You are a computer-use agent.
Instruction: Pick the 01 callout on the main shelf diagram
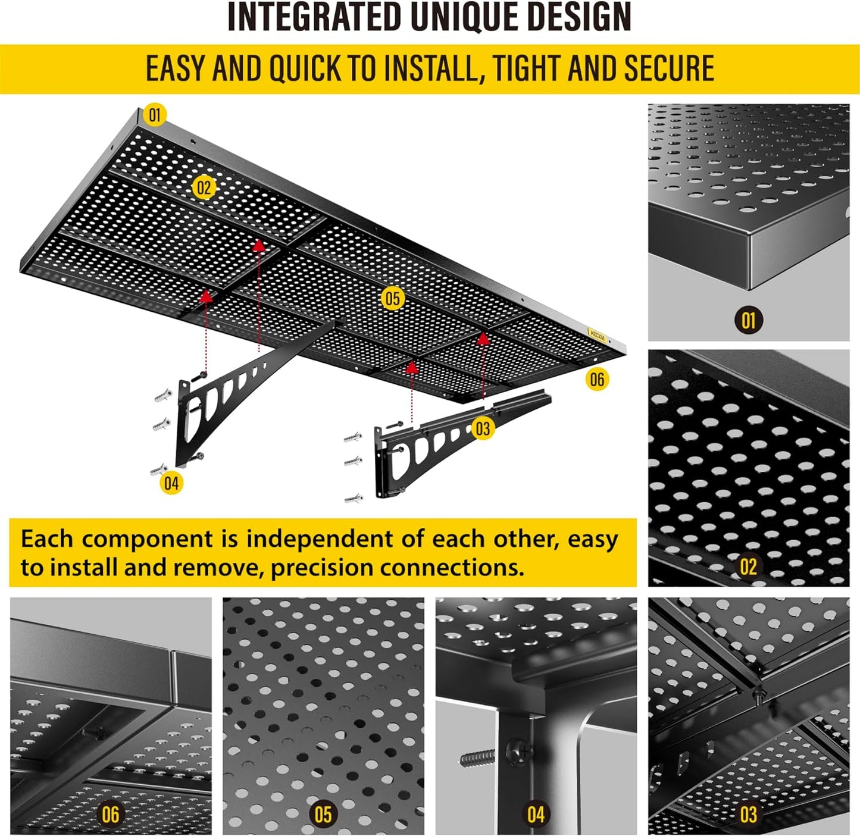155,114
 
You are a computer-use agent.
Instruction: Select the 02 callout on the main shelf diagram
204,188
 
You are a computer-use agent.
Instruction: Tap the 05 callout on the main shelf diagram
392,298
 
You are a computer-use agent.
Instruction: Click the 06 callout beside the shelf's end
597,379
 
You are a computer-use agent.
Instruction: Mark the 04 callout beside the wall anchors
171,483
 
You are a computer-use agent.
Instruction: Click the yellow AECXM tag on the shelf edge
596,336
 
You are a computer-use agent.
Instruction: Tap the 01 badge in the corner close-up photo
748,321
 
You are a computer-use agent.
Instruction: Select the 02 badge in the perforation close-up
748,566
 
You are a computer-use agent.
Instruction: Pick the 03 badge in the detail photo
748,815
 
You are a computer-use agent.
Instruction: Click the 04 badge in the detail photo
536,815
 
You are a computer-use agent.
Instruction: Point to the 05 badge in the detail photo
323,815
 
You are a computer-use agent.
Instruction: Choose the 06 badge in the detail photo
111,815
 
